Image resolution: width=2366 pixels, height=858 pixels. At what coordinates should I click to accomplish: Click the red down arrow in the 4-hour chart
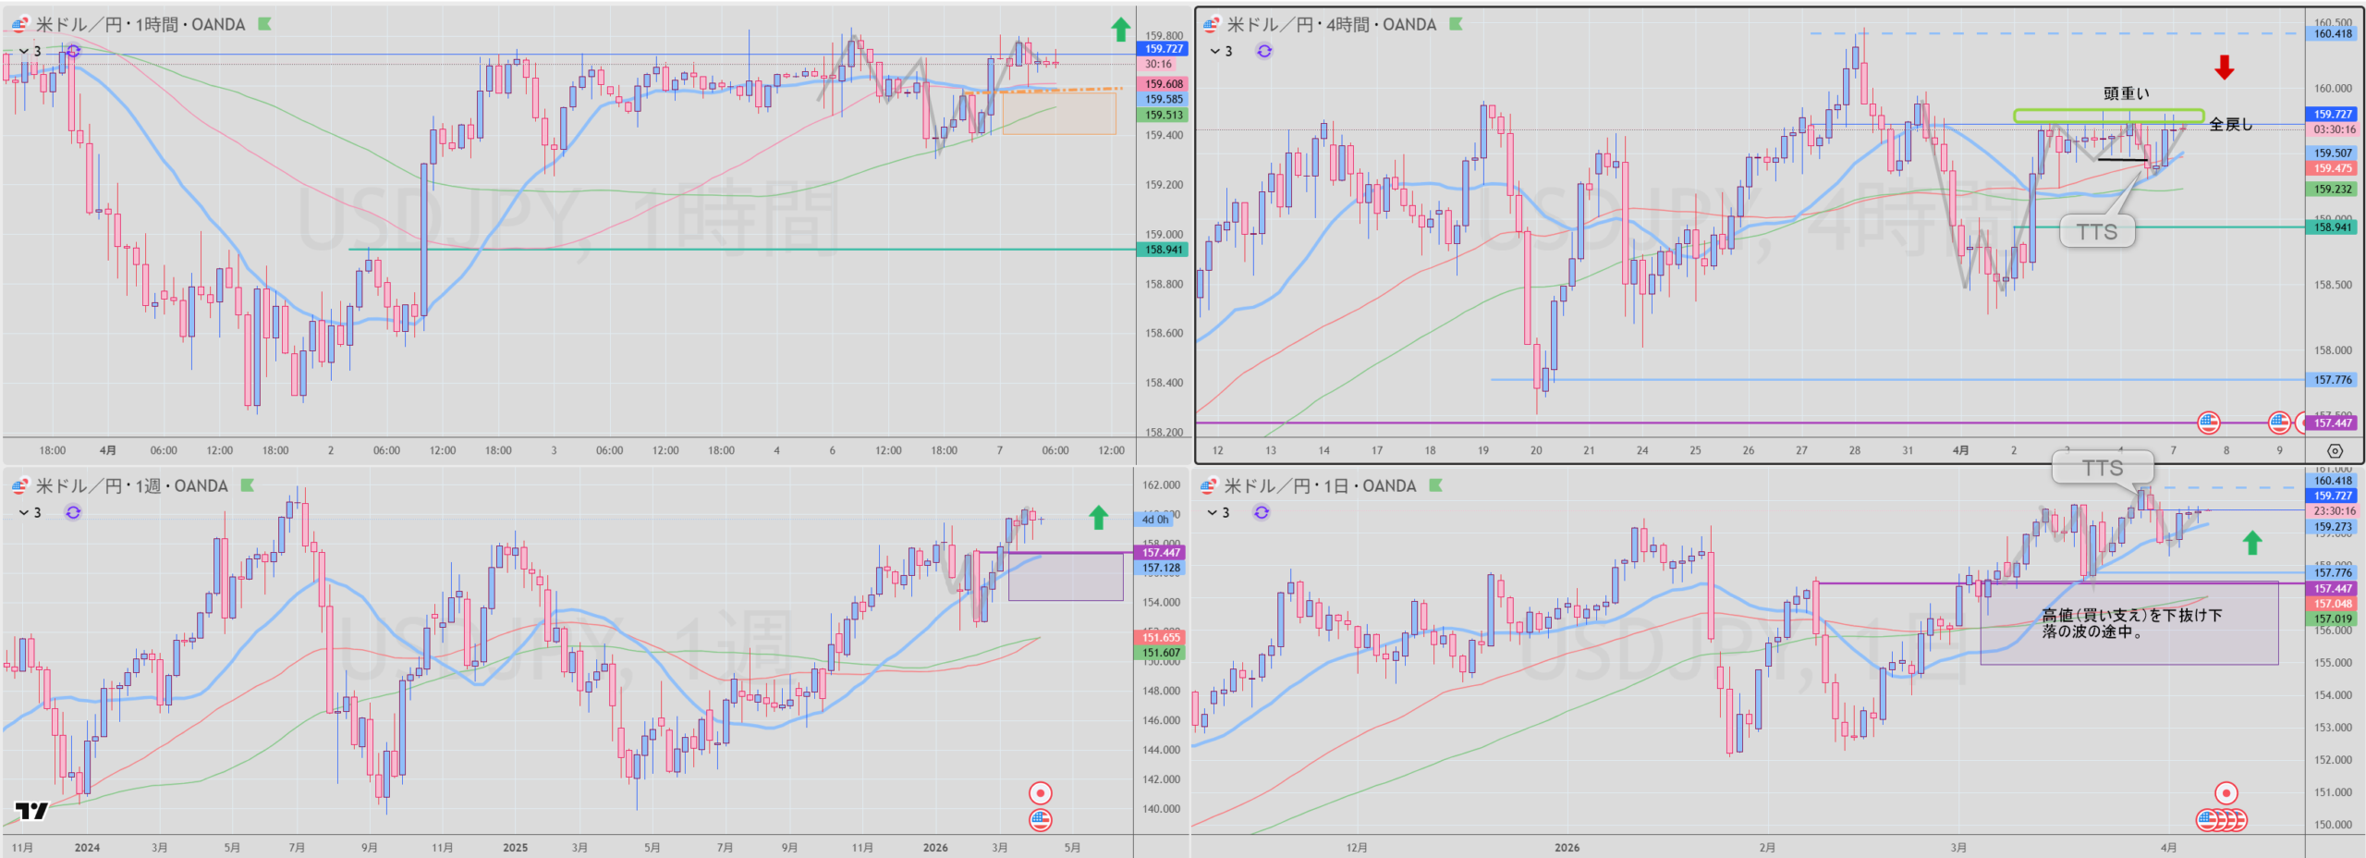[x=2224, y=67]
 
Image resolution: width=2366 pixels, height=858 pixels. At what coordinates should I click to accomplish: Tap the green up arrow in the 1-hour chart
[x=1120, y=30]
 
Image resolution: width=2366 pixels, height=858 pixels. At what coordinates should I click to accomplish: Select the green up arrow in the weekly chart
[x=1098, y=517]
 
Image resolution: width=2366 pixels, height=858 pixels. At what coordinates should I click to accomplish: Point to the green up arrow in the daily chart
[x=2252, y=543]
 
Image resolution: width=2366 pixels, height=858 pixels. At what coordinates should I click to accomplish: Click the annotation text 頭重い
[x=2126, y=93]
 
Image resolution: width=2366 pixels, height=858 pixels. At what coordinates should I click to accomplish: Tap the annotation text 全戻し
[x=2230, y=124]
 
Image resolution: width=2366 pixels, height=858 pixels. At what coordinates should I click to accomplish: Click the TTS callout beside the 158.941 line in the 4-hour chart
[x=2097, y=231]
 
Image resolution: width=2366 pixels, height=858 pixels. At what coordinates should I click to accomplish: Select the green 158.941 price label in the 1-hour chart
[x=1164, y=250]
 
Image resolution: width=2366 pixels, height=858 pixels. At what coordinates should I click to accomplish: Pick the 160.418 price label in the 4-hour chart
[x=2333, y=34]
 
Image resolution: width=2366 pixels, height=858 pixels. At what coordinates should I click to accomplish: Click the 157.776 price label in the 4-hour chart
[x=2333, y=380]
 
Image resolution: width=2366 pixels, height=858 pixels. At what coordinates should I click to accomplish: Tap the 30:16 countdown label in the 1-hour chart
[x=1158, y=65]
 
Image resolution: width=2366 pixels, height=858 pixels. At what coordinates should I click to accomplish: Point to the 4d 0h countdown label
[x=1155, y=520]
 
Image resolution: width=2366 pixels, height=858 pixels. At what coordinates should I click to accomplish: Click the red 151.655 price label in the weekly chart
[x=1161, y=637]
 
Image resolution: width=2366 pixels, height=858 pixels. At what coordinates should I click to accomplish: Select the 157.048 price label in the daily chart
[x=2333, y=604]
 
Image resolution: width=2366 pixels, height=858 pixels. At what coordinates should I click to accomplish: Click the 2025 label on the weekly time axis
[x=515, y=847]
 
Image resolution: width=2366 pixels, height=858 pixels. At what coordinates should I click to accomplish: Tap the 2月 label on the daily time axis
[x=1767, y=847]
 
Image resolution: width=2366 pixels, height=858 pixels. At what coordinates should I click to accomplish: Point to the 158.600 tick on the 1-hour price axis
[x=1164, y=333]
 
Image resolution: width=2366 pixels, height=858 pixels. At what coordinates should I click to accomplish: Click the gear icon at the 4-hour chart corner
[x=2335, y=451]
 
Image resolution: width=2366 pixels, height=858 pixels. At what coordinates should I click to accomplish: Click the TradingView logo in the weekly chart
[x=31, y=811]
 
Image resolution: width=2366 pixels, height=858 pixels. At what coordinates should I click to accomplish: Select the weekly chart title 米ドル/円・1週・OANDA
[x=131, y=486]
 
